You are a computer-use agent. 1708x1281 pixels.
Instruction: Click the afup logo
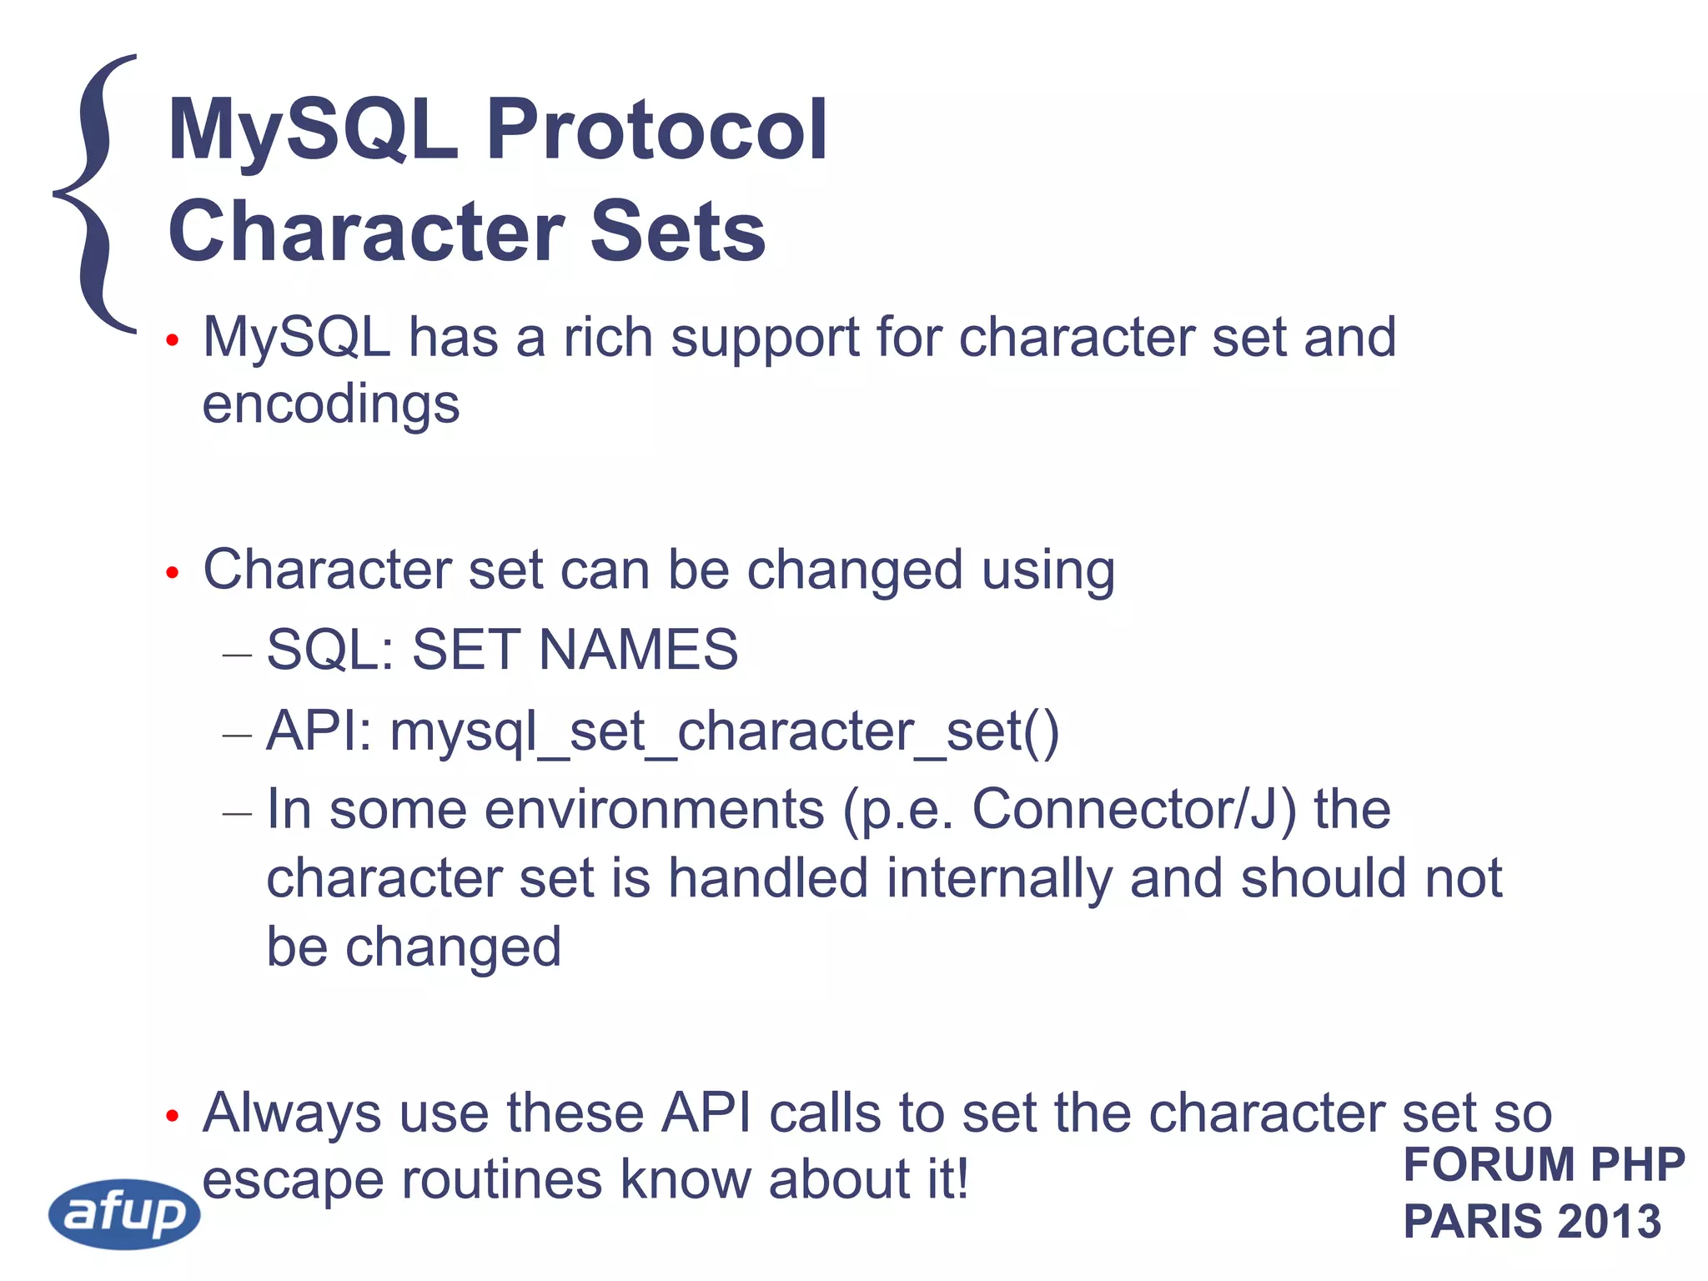click(125, 1213)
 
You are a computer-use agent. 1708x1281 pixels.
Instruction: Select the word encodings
click(331, 404)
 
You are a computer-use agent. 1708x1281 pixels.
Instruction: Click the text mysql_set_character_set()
click(725, 732)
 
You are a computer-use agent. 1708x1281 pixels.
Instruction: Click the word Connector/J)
click(1133, 810)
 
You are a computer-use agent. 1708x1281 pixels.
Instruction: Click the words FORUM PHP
click(1544, 1164)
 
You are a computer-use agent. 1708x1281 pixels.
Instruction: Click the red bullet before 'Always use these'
click(173, 1116)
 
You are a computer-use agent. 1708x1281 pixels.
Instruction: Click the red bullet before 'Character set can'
click(173, 573)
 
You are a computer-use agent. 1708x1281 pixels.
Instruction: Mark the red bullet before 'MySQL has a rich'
click(173, 340)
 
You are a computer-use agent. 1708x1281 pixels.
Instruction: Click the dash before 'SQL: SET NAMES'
click(237, 655)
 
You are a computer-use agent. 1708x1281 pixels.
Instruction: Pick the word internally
click(998, 878)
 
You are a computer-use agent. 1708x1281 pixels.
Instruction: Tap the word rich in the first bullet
click(608, 338)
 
